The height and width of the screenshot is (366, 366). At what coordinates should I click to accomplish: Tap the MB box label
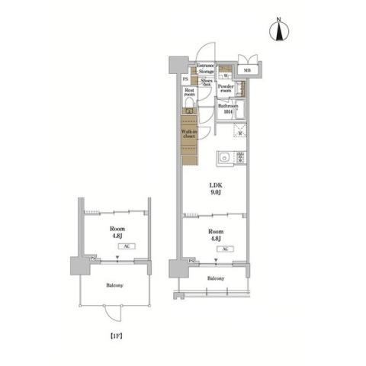pyautogui.click(x=246, y=72)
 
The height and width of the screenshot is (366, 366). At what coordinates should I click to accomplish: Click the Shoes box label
pyautogui.click(x=207, y=82)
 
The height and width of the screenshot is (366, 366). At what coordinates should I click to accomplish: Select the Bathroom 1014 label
pyautogui.click(x=227, y=109)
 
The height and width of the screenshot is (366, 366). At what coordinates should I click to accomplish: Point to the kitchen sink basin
pyautogui.click(x=223, y=159)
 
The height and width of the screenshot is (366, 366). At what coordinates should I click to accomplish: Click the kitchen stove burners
pyautogui.click(x=240, y=159)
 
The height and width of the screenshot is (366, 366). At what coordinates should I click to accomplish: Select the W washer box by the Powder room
pyautogui.click(x=226, y=75)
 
